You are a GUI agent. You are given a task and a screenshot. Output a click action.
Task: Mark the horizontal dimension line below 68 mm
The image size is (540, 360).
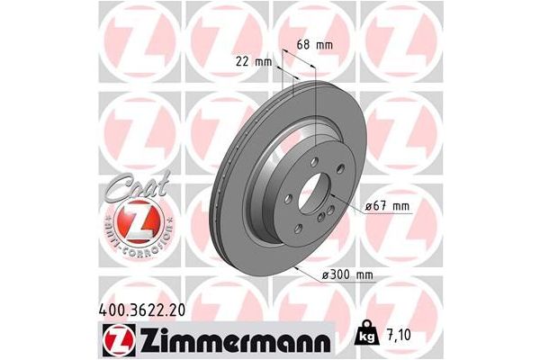pos(300,54)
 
